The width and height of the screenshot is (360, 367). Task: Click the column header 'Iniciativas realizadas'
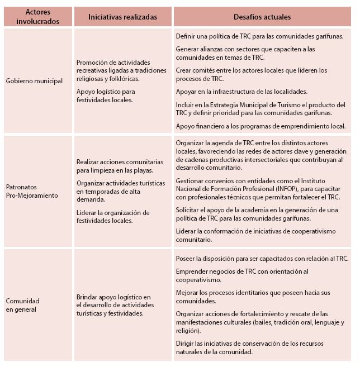click(122, 17)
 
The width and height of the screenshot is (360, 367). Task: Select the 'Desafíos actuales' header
click(263, 17)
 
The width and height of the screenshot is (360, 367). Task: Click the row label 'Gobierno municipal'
click(34, 81)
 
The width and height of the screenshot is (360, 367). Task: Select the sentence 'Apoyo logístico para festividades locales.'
click(106, 96)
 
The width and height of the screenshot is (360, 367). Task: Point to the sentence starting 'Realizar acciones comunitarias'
click(115, 166)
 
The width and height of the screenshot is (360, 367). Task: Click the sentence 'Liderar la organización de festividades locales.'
click(113, 216)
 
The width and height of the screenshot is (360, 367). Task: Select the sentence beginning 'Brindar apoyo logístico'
click(114, 305)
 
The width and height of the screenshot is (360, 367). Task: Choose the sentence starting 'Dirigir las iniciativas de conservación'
click(249, 347)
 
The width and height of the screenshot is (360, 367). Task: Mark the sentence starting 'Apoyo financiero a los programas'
click(260, 126)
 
